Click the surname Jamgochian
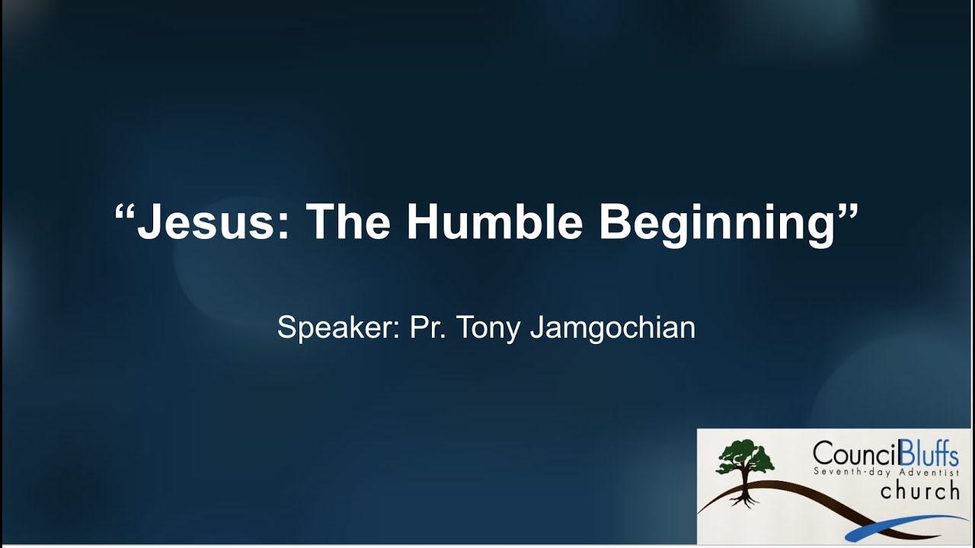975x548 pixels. pos(612,328)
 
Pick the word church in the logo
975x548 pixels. pos(919,492)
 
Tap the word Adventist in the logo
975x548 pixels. pos(921,472)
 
